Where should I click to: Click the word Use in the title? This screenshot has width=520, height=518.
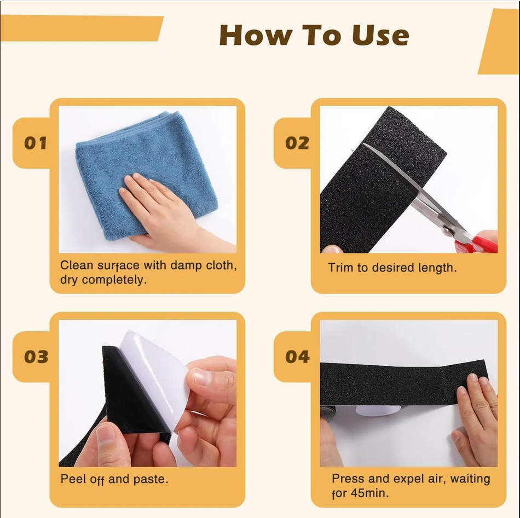pos(380,36)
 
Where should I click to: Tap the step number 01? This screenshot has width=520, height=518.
pos(36,143)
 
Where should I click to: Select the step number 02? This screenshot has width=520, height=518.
pos(297,143)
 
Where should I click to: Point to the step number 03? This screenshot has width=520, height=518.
pos(36,357)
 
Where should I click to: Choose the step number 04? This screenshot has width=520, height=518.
pos(297,357)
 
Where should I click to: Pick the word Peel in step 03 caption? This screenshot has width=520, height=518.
pos(72,479)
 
